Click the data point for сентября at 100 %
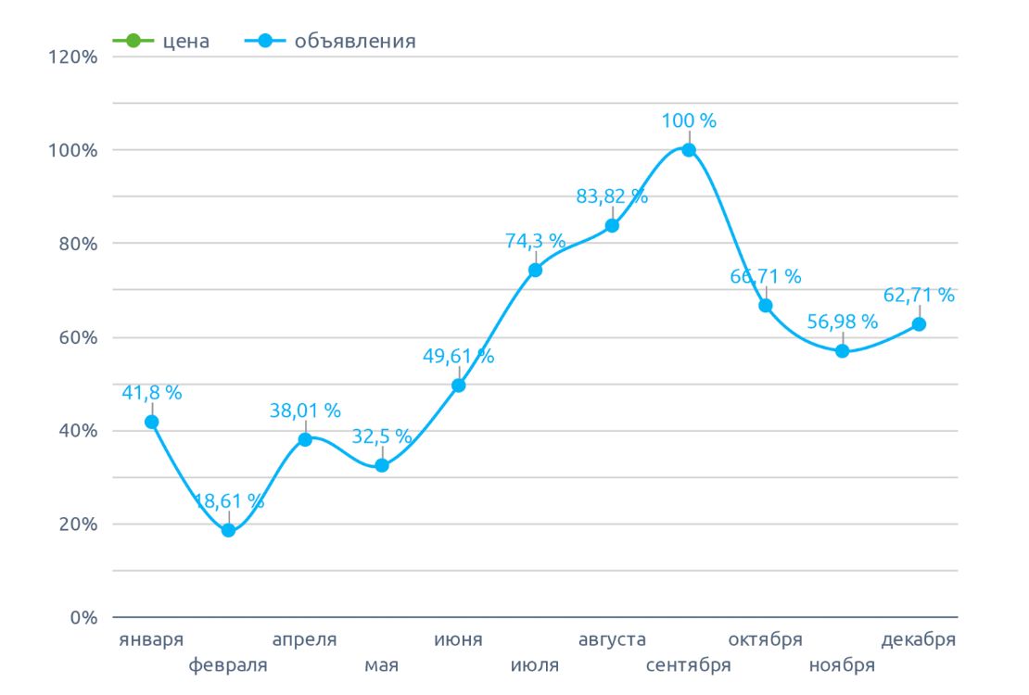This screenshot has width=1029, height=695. (x=689, y=150)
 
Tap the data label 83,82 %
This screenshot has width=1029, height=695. (x=612, y=196)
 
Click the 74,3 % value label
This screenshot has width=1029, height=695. (x=535, y=241)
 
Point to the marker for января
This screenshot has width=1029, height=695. (x=152, y=422)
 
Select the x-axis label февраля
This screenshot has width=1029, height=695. (x=228, y=665)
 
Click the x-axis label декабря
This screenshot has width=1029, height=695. (x=918, y=640)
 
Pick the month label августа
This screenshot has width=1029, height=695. (x=612, y=640)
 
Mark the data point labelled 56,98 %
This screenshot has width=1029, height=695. (x=842, y=351)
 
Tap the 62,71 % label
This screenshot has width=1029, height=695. (x=919, y=296)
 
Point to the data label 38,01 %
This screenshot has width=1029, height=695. (x=305, y=410)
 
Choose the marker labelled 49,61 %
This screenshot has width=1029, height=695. (x=458, y=385)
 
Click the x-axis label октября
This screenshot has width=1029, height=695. (x=765, y=640)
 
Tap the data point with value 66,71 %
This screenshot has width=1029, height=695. (x=766, y=306)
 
